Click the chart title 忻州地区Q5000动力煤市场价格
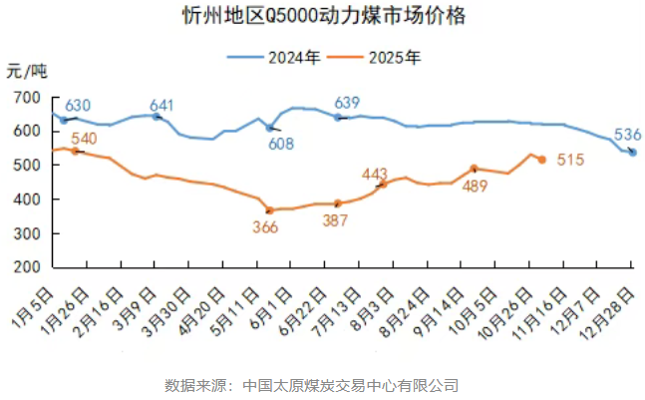pos(323,17)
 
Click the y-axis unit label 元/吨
pos(26,71)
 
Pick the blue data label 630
pos(78,106)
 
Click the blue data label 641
pos(162,106)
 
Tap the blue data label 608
pos(281,145)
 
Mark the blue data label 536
pos(627,136)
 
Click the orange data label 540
pos(85,138)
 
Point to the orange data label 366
pos(265,226)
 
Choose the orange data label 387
pos(337,220)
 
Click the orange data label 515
pos(569,159)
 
